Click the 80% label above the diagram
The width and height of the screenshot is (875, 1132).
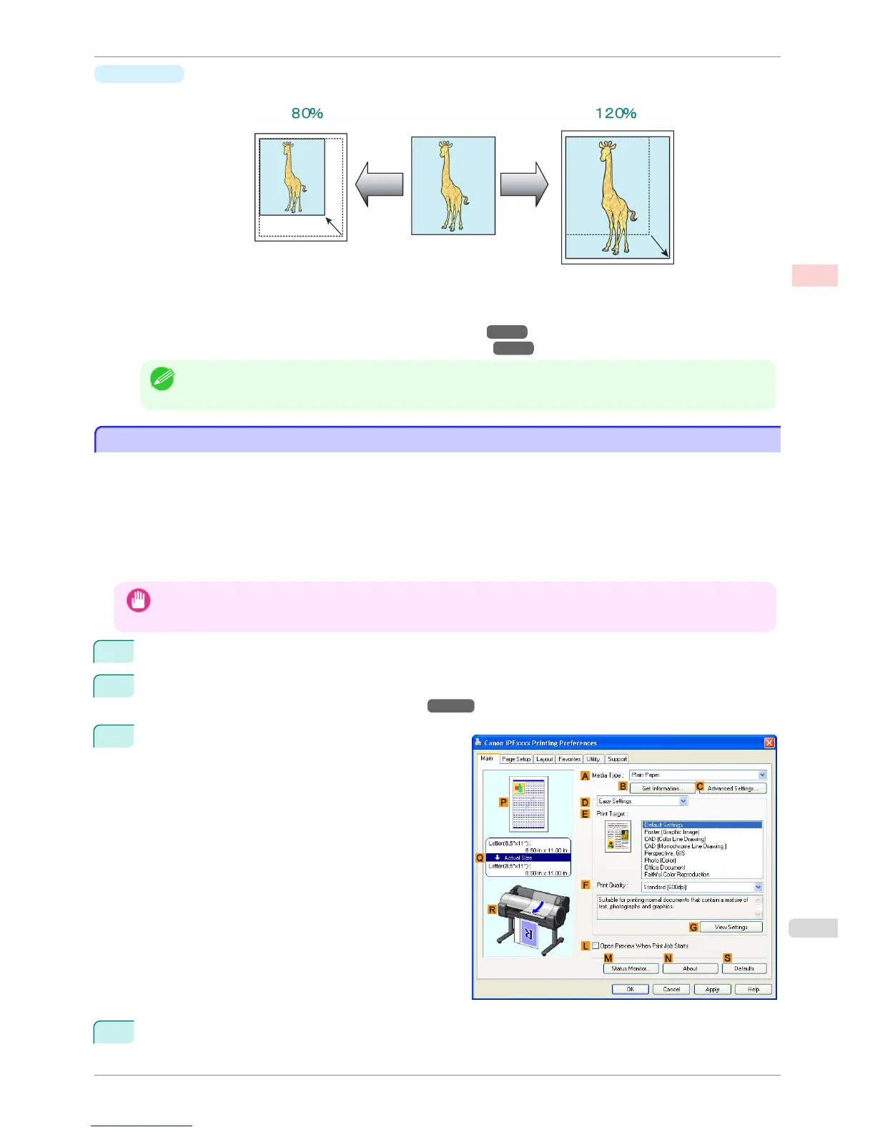tap(307, 114)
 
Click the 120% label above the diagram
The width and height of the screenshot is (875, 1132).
tap(616, 114)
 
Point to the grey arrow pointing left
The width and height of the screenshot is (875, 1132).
tap(379, 184)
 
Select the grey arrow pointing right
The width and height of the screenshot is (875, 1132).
tap(524, 184)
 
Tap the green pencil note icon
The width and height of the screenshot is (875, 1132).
tap(162, 378)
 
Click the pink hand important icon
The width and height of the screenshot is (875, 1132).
tap(139, 600)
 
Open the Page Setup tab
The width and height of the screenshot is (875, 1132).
tap(515, 759)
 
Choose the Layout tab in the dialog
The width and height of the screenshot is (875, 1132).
tap(545, 759)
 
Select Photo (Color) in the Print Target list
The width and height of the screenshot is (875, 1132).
tap(660, 860)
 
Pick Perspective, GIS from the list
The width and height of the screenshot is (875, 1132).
tap(664, 853)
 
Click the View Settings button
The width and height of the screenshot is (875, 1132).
tap(731, 927)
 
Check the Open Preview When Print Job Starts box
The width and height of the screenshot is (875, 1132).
tap(595, 945)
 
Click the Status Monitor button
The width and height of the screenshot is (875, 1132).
tap(630, 968)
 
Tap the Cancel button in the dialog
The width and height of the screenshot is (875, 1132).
tap(671, 989)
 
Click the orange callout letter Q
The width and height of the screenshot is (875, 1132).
tap(480, 858)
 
